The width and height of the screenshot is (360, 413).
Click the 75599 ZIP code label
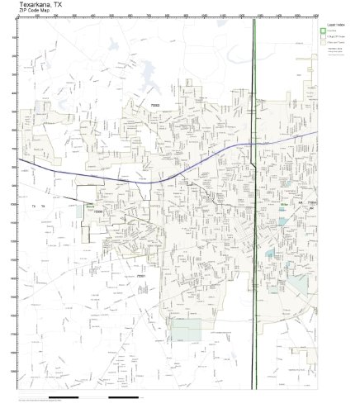click(98, 211)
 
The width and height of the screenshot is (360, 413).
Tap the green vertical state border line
click(254, 248)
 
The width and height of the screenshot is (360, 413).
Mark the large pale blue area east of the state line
click(298, 286)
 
